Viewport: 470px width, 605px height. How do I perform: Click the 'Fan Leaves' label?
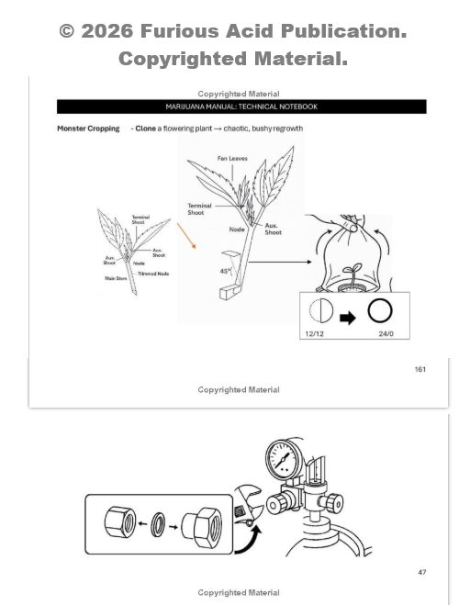coord(232,158)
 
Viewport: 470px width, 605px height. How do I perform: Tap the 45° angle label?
coord(225,271)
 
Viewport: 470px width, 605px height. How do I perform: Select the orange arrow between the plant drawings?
coord(186,235)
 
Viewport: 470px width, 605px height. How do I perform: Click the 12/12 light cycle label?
coord(314,334)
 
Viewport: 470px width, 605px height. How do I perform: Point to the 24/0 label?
coord(386,334)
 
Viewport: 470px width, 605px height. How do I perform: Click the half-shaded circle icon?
coord(321,310)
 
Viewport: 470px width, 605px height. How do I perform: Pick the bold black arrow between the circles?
coord(348,319)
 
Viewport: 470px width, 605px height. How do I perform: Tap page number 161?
coord(420,369)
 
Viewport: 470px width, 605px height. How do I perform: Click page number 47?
coord(422,572)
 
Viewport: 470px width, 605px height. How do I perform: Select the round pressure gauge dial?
coord(284,460)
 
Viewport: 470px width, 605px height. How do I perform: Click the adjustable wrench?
coord(248,506)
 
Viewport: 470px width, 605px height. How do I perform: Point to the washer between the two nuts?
coord(158,524)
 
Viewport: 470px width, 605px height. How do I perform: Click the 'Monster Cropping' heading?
coord(88,129)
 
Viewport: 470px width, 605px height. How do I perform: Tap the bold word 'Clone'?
coord(145,129)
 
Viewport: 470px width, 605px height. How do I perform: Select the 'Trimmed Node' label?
coord(153,274)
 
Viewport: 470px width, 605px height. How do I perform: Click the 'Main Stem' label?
coord(116,278)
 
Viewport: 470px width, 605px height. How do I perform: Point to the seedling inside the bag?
coord(352,274)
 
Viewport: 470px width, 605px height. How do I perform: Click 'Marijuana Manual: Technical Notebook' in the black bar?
coord(241,106)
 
